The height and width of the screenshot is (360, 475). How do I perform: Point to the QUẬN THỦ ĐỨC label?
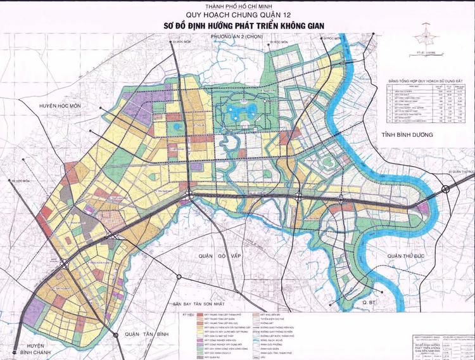point(412,254)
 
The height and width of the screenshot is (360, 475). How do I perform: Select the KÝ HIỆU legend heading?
point(187,313)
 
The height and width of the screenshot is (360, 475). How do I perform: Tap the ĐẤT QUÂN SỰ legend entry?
point(212,357)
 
